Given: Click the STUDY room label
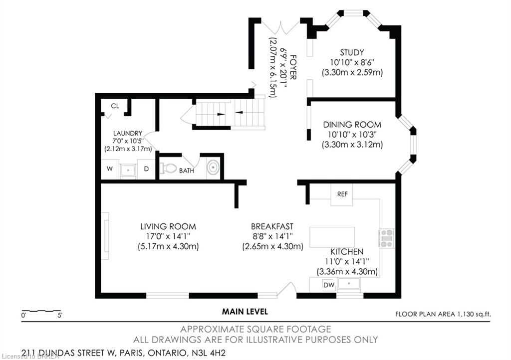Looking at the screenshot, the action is tap(352, 52).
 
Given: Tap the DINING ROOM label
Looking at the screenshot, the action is tap(352, 125).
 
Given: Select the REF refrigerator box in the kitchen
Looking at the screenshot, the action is tap(342, 194).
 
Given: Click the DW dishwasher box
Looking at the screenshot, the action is tap(329, 285).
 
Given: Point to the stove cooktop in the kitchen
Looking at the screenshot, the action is tap(387, 239).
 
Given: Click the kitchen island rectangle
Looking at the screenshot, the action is tap(332, 237).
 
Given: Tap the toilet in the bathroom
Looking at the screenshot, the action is tap(168, 169).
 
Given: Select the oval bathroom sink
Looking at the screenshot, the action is tap(213, 168).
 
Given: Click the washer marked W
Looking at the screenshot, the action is tap(110, 169).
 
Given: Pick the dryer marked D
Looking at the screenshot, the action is tap(146, 169).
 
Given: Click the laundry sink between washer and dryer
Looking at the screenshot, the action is tap(128, 170).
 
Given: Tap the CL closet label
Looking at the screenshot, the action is tap(115, 106).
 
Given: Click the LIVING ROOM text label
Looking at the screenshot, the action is tap(168, 226).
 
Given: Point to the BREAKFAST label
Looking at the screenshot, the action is tap(272, 226).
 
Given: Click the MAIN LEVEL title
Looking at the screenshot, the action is tap(245, 312).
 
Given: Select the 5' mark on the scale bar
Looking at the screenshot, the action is tap(60, 315).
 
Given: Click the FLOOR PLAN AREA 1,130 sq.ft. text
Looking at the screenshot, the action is tap(443, 315).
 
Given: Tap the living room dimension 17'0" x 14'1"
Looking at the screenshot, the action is tap(168, 236).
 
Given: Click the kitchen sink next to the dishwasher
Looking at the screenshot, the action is tap(349, 284).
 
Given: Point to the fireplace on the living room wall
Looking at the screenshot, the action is tap(105, 236).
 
